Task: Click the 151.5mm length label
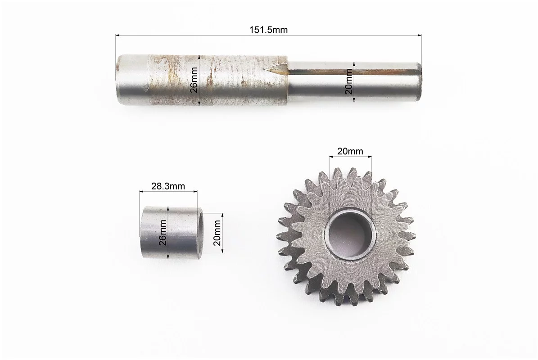point(268,30)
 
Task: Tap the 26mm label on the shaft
point(194,80)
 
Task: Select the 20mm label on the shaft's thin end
point(349,81)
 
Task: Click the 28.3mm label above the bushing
point(168,186)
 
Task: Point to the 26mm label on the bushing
point(163,233)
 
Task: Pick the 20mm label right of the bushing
point(217,233)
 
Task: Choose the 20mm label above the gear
point(350,151)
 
